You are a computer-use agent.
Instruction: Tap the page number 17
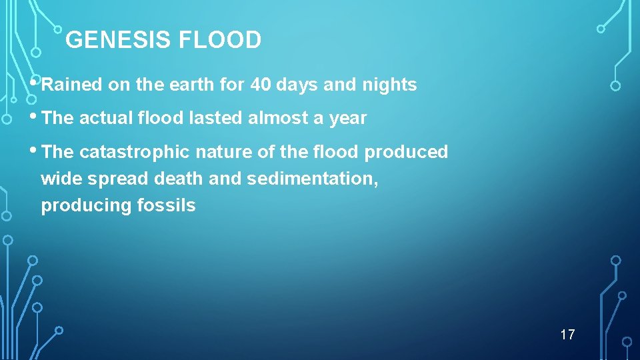(x=567, y=335)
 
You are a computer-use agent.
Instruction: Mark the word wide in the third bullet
(x=57, y=179)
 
